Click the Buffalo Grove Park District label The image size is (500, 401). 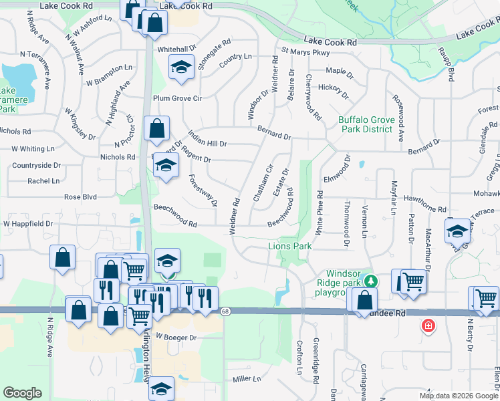pos(365,124)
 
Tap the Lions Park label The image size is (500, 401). pos(290,247)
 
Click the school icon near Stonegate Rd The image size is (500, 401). pos(180,68)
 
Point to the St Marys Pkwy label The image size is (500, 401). pos(305,51)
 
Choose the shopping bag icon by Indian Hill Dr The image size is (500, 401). pos(156,130)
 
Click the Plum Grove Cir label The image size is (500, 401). pos(177,98)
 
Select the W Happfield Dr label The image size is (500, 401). pos(27,223)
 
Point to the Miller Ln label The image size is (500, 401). pos(246,379)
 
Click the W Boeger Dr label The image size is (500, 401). pos(176,338)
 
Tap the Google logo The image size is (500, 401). pos(22,393)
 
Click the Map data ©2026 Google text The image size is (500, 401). pos(458,396)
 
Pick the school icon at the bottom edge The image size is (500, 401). pos(161,388)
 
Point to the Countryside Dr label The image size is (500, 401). pos(36,165)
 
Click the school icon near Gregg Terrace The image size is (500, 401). pos(457,232)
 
